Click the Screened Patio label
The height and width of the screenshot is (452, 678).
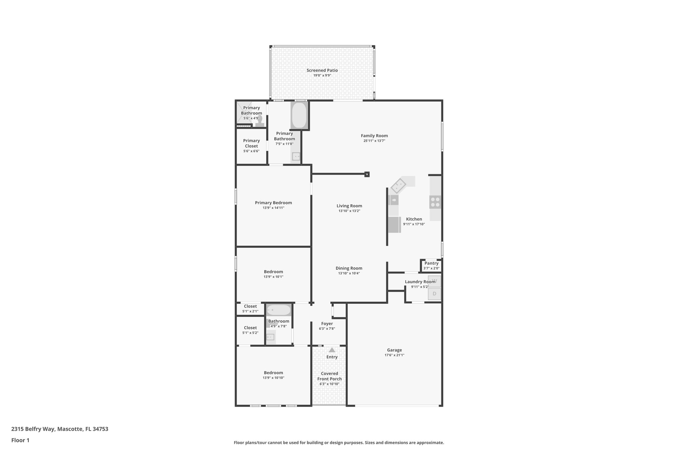[322, 70]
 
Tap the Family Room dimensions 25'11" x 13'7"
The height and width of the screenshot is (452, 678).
[374, 141]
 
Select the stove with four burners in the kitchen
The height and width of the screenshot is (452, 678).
[435, 202]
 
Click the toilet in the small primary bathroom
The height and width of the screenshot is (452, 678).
[260, 121]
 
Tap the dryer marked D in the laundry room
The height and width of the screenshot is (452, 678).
[434, 294]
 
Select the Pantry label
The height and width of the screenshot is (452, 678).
[431, 263]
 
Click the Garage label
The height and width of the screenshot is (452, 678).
[394, 350]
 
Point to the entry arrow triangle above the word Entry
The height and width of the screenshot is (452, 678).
[332, 350]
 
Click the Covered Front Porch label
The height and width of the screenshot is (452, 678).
[329, 376]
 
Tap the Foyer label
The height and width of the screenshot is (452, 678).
[327, 324]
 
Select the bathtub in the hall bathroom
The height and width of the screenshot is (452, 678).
[278, 310]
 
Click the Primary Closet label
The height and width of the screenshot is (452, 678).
[251, 143]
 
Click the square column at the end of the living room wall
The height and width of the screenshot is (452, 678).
[367, 174]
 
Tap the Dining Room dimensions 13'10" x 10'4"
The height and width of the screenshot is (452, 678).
[349, 273]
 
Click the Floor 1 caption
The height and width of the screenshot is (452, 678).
[20, 440]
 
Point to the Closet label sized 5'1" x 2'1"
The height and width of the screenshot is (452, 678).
[250, 306]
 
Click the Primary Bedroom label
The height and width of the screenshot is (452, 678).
[273, 203]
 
